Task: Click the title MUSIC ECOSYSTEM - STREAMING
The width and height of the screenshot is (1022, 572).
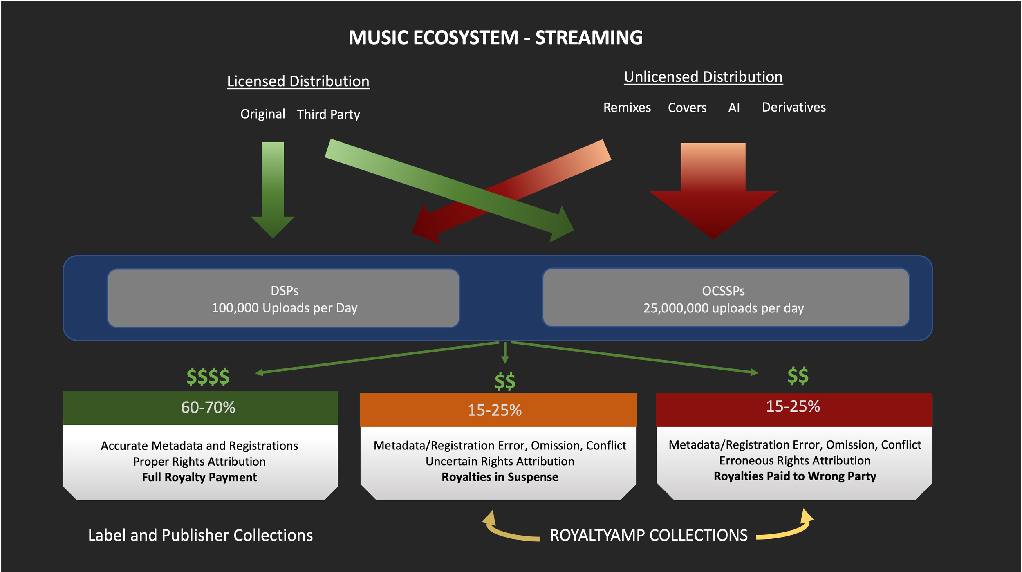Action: tap(495, 38)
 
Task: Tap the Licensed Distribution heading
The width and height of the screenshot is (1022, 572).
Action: tap(298, 81)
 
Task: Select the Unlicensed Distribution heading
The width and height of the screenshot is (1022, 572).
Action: tap(703, 77)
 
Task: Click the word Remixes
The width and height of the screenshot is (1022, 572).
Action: tap(627, 108)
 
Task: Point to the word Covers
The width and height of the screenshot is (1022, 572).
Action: tap(687, 108)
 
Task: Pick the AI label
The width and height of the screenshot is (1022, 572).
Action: tap(734, 108)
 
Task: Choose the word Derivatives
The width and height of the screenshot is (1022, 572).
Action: tap(793, 107)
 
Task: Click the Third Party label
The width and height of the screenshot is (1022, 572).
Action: tap(328, 114)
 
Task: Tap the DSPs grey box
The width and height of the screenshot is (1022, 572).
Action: tap(284, 298)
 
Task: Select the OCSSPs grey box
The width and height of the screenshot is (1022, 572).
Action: tap(725, 298)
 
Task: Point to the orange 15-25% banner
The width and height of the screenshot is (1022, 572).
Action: tap(498, 410)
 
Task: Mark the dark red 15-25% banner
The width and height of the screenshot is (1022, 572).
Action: tap(793, 407)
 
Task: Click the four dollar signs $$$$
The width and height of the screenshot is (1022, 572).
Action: tap(208, 377)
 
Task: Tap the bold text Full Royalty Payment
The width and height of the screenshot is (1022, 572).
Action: tap(199, 477)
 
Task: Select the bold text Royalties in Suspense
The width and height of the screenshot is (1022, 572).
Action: tap(500, 477)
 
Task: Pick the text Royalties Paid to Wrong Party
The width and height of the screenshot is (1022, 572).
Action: tap(795, 476)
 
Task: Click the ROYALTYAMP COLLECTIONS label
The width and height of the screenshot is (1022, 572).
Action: tap(648, 535)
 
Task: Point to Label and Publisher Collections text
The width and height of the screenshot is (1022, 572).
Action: tap(200, 535)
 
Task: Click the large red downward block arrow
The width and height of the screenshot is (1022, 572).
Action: tap(713, 192)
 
